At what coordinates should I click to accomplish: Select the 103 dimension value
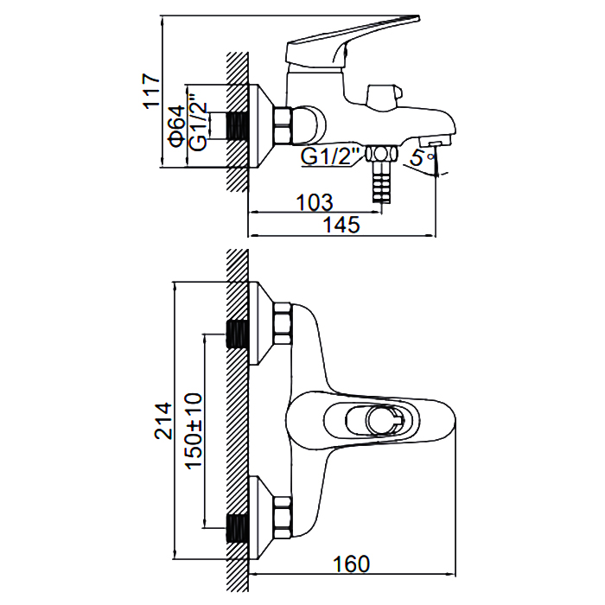(x=315, y=202)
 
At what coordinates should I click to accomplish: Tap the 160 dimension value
(x=351, y=564)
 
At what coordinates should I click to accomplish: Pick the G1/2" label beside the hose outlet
(x=329, y=156)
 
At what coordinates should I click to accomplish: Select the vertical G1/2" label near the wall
(x=199, y=122)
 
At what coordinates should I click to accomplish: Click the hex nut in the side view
(x=283, y=126)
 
